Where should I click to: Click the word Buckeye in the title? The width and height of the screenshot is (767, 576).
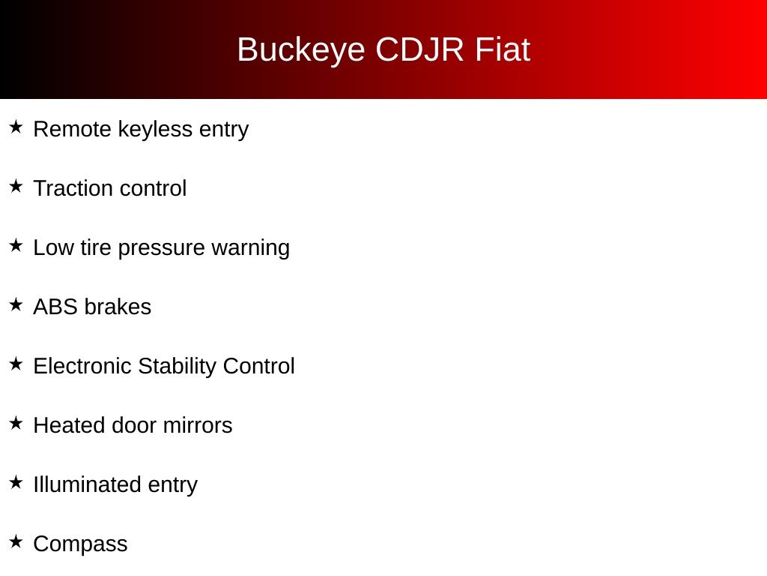301,50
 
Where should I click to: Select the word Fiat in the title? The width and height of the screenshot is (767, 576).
503,49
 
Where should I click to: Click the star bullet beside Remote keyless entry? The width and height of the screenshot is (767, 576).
16,127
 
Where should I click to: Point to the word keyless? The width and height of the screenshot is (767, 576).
155,130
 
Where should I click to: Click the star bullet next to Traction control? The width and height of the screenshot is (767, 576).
16,186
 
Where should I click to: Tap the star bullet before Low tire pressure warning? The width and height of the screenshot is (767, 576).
16,245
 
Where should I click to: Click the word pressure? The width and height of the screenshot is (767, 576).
162,248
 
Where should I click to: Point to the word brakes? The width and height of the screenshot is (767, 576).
118,307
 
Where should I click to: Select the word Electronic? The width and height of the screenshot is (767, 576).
82,366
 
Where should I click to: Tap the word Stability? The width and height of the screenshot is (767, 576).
178,367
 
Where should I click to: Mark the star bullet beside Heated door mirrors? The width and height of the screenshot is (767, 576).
16,423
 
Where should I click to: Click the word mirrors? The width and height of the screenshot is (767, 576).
198,425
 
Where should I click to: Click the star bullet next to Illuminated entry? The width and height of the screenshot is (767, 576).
16,482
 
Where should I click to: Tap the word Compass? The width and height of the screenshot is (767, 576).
80,544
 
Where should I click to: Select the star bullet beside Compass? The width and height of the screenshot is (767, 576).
16,541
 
